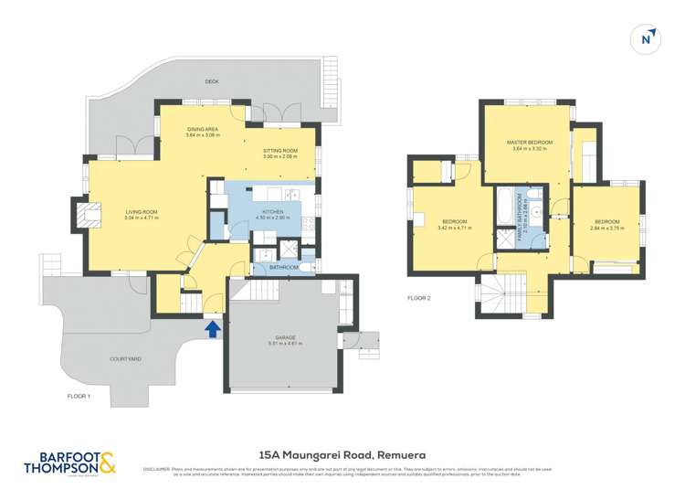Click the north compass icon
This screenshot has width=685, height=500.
tap(647, 37)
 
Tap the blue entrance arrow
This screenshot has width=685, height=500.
tap(213, 327)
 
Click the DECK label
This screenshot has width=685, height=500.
tap(213, 81)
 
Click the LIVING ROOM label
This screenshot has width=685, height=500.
tap(142, 214)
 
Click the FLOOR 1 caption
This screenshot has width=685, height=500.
tap(79, 396)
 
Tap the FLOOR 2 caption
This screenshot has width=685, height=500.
tap(419, 298)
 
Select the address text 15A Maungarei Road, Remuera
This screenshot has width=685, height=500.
tap(342, 453)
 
